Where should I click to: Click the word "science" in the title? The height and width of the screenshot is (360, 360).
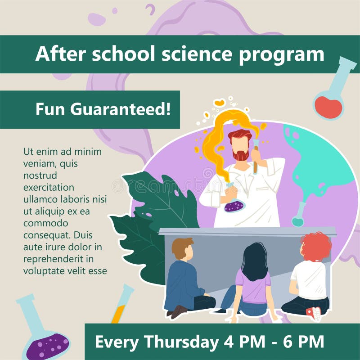coord(197,54)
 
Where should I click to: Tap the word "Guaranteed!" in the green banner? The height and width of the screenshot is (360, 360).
coord(121,109)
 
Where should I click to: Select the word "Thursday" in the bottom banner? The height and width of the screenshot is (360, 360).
coord(181,342)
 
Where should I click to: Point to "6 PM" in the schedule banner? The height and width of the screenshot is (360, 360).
coord(303,342)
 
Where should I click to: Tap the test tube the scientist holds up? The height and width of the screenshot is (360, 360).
coord(256,156)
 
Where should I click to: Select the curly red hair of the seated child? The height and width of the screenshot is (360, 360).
coord(316,246)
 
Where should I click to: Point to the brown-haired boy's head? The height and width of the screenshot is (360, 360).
coord(183,249)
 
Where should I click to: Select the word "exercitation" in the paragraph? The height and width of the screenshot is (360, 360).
coord(49,188)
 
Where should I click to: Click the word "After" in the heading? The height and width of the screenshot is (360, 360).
coord(61,54)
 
